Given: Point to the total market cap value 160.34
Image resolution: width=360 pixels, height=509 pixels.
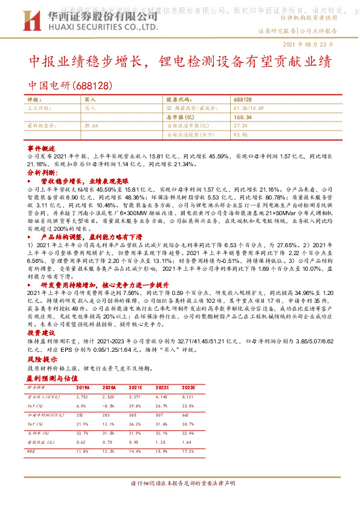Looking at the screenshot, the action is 242,117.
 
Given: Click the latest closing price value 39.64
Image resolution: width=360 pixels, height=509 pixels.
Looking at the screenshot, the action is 92,125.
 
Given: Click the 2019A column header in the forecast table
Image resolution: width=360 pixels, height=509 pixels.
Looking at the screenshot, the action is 83,386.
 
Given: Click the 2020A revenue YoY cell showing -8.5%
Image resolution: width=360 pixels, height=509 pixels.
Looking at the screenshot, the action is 109,406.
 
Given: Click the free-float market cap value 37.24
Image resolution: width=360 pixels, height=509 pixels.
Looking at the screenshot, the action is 240,125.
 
